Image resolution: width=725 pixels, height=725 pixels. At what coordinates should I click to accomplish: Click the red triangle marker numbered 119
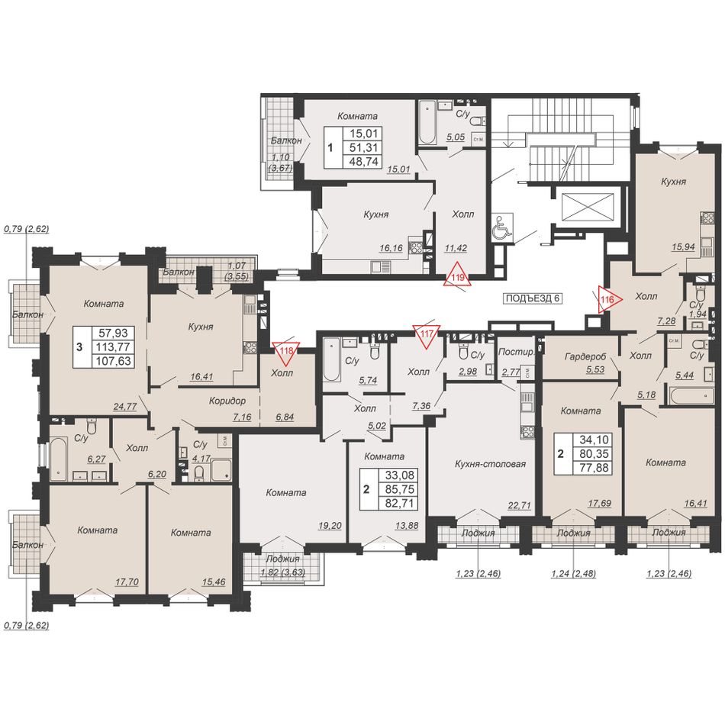tap(457, 276)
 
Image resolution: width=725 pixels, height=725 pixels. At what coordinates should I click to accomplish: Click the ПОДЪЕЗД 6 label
tap(533, 298)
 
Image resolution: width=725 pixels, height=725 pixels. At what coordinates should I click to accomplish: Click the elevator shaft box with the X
tap(586, 207)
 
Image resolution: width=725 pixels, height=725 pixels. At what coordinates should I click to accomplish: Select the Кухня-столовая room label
tap(490, 464)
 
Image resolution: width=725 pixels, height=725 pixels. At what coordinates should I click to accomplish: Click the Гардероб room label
tap(585, 356)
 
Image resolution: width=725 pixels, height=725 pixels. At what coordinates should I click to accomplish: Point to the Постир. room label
tap(516, 352)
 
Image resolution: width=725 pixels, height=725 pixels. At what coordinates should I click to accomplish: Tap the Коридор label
tap(227, 401)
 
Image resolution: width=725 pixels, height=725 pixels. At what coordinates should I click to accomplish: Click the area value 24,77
tap(125, 407)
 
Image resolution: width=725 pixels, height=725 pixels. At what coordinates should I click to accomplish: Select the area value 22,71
tap(519, 505)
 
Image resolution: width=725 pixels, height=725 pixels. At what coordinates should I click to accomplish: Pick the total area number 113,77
tap(112, 346)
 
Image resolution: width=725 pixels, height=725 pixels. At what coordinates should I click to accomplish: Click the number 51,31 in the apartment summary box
tap(364, 147)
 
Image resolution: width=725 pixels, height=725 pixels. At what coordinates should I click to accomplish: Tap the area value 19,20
tap(330, 525)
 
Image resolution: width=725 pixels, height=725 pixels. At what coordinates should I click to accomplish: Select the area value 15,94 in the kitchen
tap(683, 247)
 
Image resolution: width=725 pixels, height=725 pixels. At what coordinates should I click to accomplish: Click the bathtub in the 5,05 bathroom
tap(427, 121)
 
